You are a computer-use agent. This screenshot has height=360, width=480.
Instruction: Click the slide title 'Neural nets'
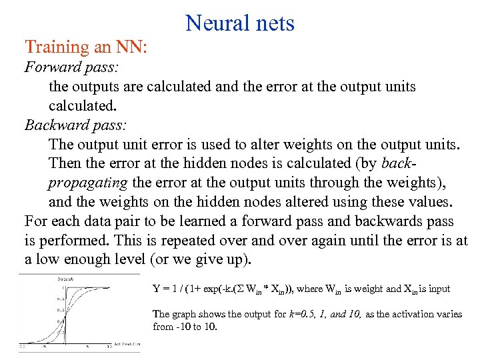click(x=240, y=23)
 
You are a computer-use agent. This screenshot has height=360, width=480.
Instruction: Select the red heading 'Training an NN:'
click(x=85, y=47)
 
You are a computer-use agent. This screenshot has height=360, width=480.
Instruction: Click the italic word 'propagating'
click(x=89, y=182)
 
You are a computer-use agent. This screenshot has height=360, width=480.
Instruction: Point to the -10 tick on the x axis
click(x=22, y=347)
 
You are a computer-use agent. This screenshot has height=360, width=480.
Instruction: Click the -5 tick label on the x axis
click(x=43, y=347)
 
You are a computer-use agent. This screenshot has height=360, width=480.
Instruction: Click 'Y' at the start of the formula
click(x=156, y=289)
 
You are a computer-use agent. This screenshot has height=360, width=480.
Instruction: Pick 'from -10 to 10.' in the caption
click(x=185, y=327)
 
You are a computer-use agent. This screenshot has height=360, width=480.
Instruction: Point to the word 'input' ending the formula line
click(x=437, y=289)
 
